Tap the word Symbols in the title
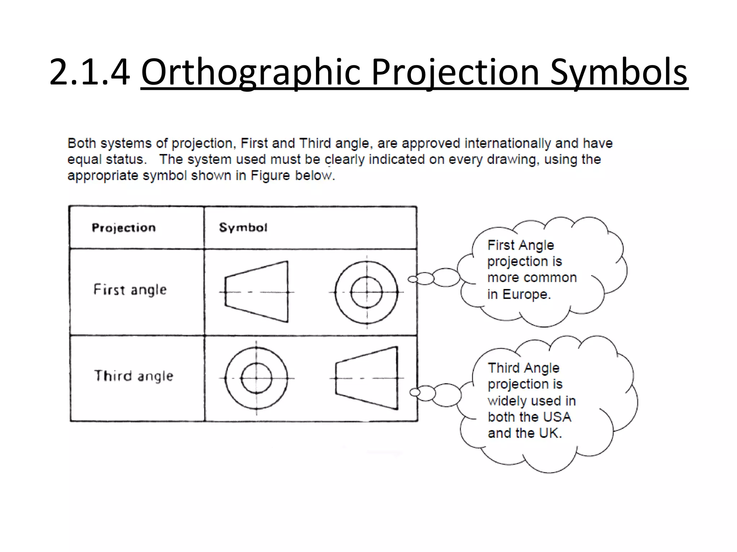(x=619, y=72)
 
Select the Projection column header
(x=124, y=227)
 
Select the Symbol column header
(x=243, y=227)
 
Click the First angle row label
(x=130, y=290)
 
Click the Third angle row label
(x=134, y=376)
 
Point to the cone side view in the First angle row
(x=257, y=292)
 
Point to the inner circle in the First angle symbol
(x=367, y=293)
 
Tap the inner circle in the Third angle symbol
(x=256, y=378)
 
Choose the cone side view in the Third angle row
(x=367, y=378)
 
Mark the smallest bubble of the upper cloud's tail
(x=413, y=279)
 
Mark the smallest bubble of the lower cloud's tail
(x=415, y=392)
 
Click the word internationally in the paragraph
(x=507, y=143)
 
